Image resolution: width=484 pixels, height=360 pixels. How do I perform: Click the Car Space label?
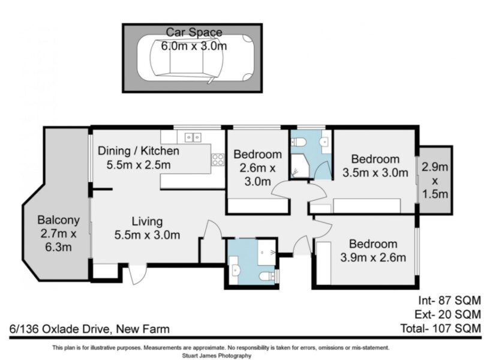click(194, 32)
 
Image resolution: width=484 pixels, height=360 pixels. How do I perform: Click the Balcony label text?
click(58, 220)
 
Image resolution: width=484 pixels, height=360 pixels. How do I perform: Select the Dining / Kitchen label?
click(139, 151)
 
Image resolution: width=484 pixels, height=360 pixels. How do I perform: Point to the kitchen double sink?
click(193, 137)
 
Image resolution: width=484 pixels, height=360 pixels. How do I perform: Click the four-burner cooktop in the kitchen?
click(218, 160)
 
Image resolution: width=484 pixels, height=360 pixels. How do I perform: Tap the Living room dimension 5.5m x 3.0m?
click(147, 235)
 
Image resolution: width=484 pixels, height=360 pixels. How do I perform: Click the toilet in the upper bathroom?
click(298, 142)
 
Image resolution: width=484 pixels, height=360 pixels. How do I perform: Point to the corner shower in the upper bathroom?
click(300, 166)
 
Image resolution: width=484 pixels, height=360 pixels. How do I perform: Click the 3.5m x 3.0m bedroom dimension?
click(375, 173)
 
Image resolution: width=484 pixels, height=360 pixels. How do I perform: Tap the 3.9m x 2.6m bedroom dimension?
click(373, 257)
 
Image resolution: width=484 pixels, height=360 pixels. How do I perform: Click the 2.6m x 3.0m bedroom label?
click(257, 167)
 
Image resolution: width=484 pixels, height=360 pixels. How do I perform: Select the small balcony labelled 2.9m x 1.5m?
click(434, 181)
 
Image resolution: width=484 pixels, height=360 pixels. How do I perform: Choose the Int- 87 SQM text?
click(449, 300)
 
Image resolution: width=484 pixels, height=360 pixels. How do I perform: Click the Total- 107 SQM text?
click(440, 328)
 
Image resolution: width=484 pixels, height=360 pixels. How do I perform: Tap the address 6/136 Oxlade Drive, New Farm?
click(89, 329)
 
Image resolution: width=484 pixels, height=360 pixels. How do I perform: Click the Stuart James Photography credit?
click(217, 356)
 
